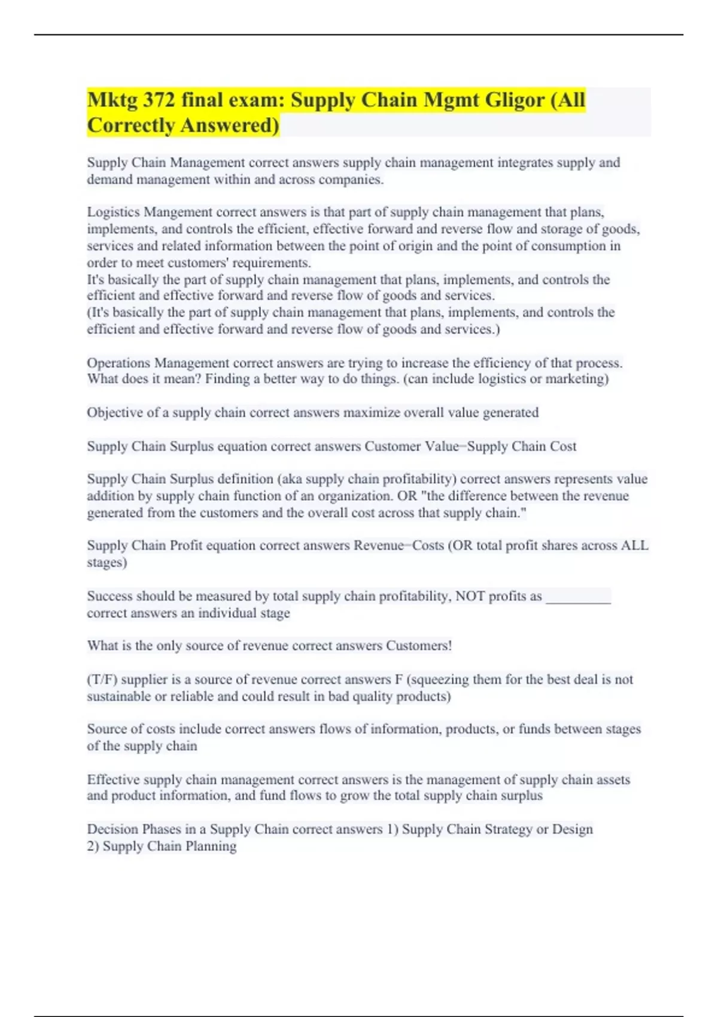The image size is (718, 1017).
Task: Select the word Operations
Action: tap(118, 363)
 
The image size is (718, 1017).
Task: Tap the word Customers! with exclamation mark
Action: tap(419, 646)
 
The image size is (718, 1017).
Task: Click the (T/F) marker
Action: tap(102, 680)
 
